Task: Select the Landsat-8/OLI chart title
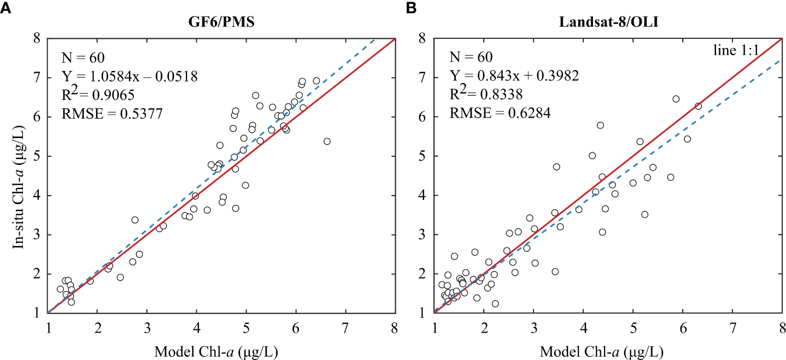(607, 24)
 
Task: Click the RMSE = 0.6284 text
(500, 114)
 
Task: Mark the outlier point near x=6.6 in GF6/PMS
(327, 141)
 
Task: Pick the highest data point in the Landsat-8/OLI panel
(676, 99)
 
